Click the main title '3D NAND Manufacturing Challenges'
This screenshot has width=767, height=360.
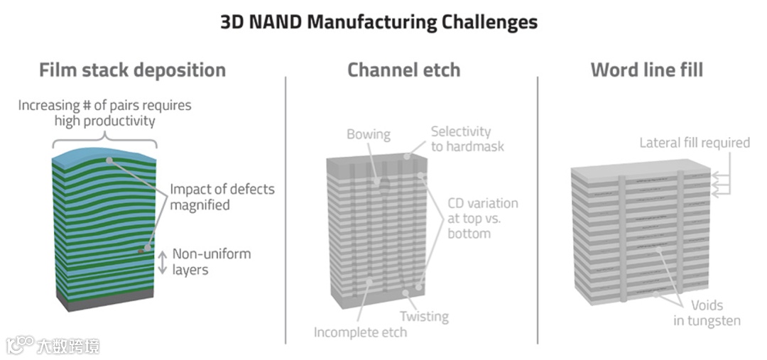(x=379, y=22)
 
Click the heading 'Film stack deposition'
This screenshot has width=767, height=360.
(x=132, y=70)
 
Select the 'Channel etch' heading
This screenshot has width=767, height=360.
(x=403, y=70)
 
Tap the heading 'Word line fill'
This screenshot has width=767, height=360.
(x=646, y=70)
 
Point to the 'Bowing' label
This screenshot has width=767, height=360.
(x=369, y=134)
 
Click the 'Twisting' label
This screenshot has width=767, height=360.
(x=423, y=316)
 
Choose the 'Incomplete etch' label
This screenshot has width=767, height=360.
(x=361, y=332)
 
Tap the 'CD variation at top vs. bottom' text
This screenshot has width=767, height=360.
(x=483, y=218)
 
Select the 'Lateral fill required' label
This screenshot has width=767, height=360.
(x=694, y=143)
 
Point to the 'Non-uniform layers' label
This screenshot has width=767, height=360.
(x=212, y=262)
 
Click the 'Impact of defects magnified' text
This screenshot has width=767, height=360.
(x=222, y=197)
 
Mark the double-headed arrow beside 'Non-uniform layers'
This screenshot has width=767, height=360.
(x=162, y=261)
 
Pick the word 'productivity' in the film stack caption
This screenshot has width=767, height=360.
(x=119, y=121)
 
